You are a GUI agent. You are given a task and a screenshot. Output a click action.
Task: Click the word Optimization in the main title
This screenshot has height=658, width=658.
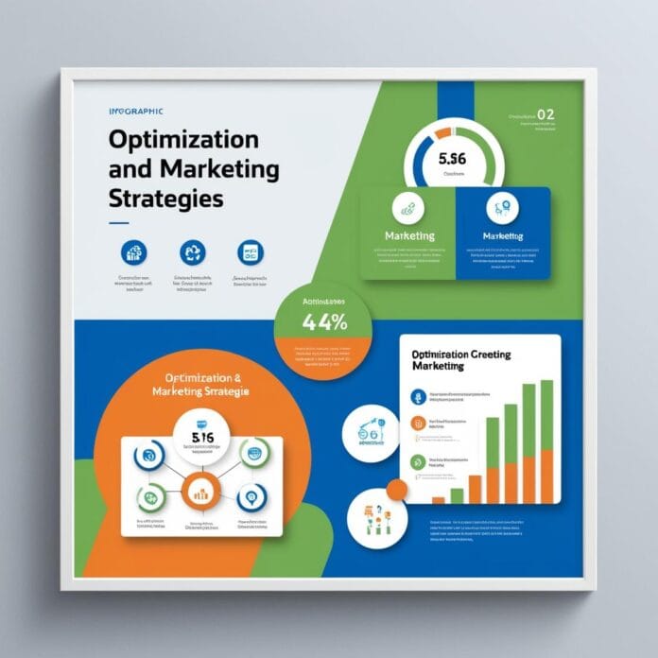(x=183, y=139)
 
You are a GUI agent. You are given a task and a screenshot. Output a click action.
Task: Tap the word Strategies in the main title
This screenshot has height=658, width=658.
(x=166, y=200)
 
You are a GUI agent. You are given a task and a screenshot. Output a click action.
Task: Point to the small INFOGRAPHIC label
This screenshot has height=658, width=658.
(x=135, y=112)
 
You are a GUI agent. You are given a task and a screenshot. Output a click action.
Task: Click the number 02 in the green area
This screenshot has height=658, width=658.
(x=545, y=115)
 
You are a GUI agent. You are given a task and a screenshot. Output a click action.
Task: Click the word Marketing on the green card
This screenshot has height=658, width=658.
(x=410, y=234)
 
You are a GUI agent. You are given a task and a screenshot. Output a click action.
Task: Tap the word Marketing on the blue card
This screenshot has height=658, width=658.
(x=502, y=234)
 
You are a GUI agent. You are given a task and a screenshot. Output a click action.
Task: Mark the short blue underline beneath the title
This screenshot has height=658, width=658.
(x=119, y=224)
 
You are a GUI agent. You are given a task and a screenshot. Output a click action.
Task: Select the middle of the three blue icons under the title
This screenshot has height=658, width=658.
(x=192, y=252)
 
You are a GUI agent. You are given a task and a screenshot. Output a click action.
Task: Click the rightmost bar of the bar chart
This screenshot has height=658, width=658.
(x=546, y=442)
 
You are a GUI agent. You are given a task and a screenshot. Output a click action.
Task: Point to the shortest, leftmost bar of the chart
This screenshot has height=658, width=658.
(x=438, y=498)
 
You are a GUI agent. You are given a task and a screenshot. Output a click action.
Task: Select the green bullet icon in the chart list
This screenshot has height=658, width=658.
(x=416, y=462)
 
